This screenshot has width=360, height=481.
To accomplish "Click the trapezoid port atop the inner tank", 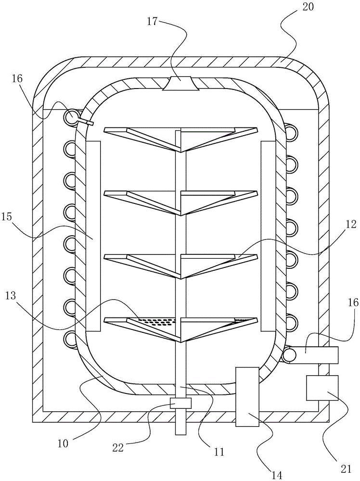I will click(180, 84).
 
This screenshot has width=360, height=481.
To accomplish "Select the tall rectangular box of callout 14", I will click(247, 396).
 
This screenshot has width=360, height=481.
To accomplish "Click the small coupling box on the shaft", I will click(180, 403).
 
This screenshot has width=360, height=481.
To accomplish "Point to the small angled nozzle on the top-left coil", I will click(86, 122).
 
